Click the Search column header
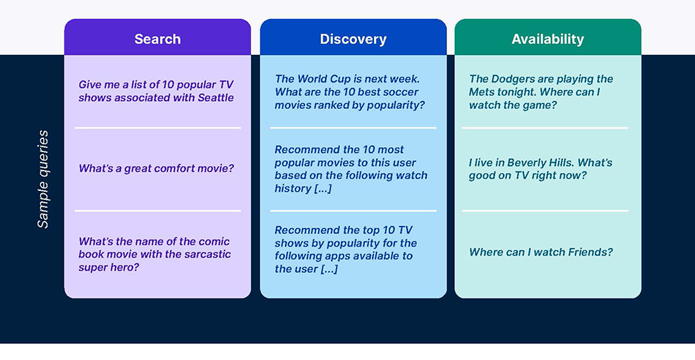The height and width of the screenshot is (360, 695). [x=157, y=40]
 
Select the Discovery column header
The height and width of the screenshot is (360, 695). [x=353, y=40]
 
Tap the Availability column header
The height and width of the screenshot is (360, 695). [x=547, y=40]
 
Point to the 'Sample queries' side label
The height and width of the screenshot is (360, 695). [x=43, y=179]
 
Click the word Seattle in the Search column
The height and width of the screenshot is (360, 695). [x=216, y=97]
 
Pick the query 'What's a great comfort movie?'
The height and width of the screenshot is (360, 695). [x=156, y=168]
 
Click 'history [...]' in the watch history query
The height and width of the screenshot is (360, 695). [x=303, y=188]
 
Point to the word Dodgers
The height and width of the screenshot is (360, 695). [x=516, y=79]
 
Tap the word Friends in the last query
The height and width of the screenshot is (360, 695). [x=591, y=252]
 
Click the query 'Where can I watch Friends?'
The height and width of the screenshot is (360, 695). [x=541, y=252]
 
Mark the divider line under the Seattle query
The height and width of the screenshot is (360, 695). [x=157, y=128]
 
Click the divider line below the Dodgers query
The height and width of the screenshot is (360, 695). [x=545, y=128]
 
